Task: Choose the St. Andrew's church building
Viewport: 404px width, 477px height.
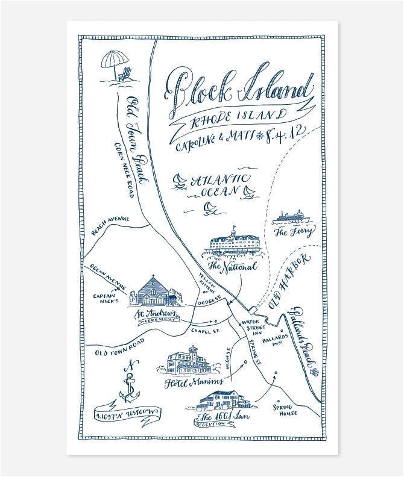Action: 154,292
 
